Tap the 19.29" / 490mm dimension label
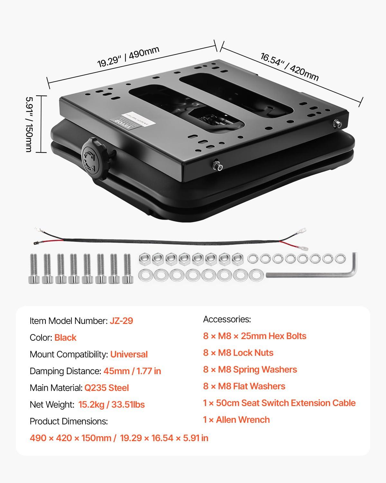128,57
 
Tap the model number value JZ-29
121,321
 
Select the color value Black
65,337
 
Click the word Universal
129,354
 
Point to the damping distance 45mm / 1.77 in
132,371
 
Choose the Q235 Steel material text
106,388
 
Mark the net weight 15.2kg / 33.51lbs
111,404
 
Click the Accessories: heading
227,319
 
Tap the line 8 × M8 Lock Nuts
238,353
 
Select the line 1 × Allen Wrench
236,420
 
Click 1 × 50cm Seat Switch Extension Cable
279,403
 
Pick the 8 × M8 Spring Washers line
250,369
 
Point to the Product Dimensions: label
69,421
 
